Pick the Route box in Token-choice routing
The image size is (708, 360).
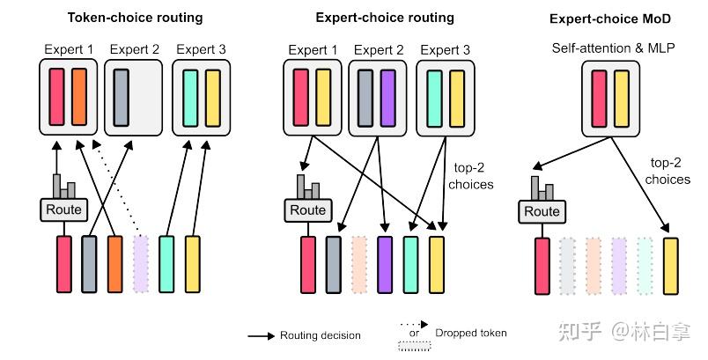63,209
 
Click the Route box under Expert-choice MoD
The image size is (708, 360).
541,211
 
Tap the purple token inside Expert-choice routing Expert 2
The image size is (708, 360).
389,97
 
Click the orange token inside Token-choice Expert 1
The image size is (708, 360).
80,97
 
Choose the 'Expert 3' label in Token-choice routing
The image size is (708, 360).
201,50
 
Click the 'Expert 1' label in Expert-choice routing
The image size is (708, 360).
312,50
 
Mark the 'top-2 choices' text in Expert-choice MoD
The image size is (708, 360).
667,172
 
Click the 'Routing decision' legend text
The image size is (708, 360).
321,334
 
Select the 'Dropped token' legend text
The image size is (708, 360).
471,334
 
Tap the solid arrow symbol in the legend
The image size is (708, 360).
260,335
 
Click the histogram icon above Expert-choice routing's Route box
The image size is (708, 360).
307,187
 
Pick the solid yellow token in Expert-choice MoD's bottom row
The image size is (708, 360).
671,265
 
